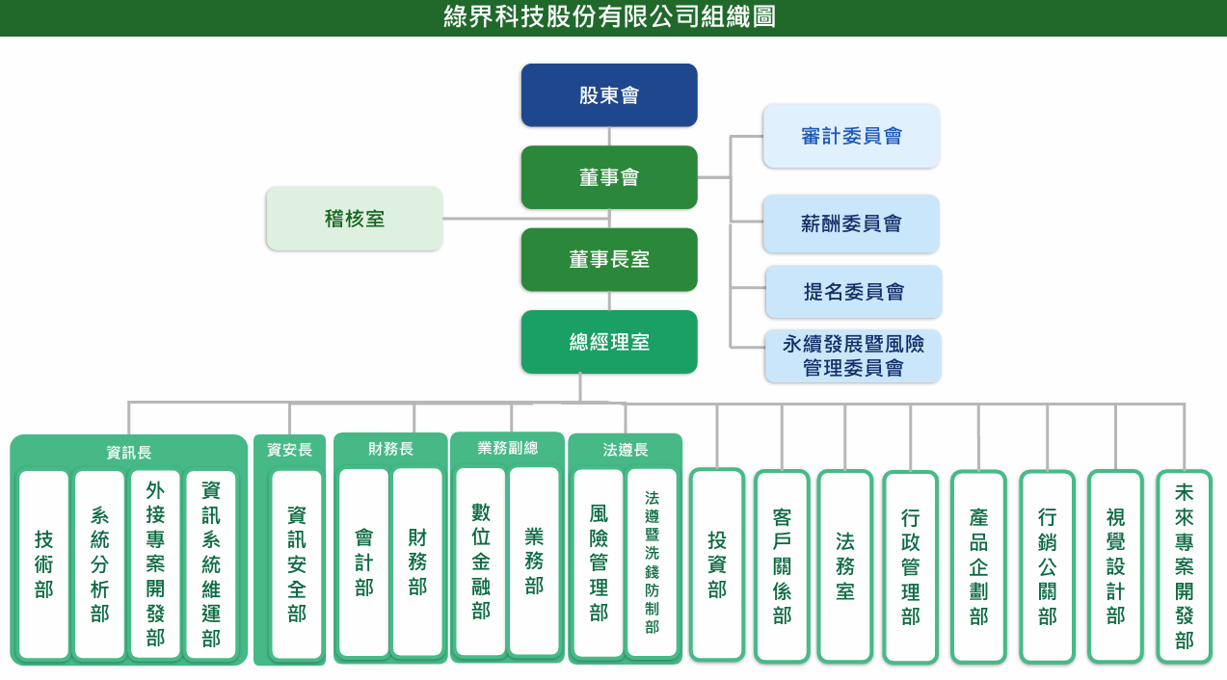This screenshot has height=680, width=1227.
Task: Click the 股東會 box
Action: click(609, 95)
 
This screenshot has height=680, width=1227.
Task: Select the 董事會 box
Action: click(609, 177)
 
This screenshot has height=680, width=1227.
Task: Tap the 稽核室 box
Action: click(355, 219)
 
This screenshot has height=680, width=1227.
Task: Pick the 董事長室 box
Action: click(609, 259)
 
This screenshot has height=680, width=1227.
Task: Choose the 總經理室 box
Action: click(609, 342)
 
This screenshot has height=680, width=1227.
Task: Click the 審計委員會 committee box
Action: click(851, 136)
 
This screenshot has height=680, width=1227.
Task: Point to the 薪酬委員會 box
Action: click(851, 223)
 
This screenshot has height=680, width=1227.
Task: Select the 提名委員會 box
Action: click(853, 292)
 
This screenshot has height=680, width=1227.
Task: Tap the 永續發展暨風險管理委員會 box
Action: click(853, 355)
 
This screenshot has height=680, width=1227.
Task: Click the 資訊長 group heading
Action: click(129, 452)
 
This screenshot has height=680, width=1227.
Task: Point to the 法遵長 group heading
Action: click(626, 450)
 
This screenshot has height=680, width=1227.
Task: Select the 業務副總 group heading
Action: click(507, 448)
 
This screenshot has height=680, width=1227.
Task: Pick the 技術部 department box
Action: click(44, 564)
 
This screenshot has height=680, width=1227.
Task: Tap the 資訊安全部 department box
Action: click(297, 564)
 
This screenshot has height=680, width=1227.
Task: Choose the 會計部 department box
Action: click(364, 562)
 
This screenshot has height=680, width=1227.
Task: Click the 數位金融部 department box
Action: click(481, 562)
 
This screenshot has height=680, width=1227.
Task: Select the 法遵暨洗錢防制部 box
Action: click(653, 562)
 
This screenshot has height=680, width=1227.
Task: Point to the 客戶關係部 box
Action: click(782, 566)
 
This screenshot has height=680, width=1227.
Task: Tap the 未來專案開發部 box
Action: click(1185, 566)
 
